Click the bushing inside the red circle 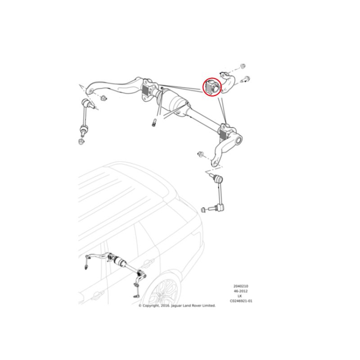pos(212,87)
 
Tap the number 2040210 pos(241,286)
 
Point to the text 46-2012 pos(241,291)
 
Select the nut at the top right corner pos(242,67)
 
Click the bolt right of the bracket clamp pos(246,80)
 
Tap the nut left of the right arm pos(201,155)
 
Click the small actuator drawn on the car pos(121,262)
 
